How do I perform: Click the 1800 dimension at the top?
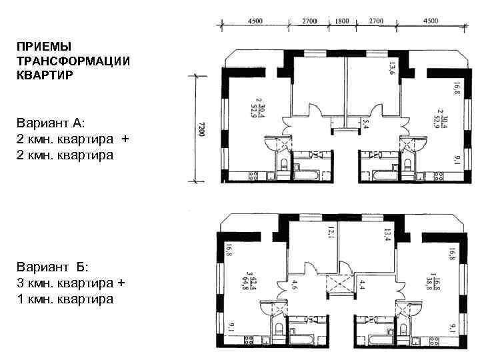(341, 21)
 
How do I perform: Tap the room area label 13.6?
(392, 67)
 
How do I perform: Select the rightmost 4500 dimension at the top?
(430, 21)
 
